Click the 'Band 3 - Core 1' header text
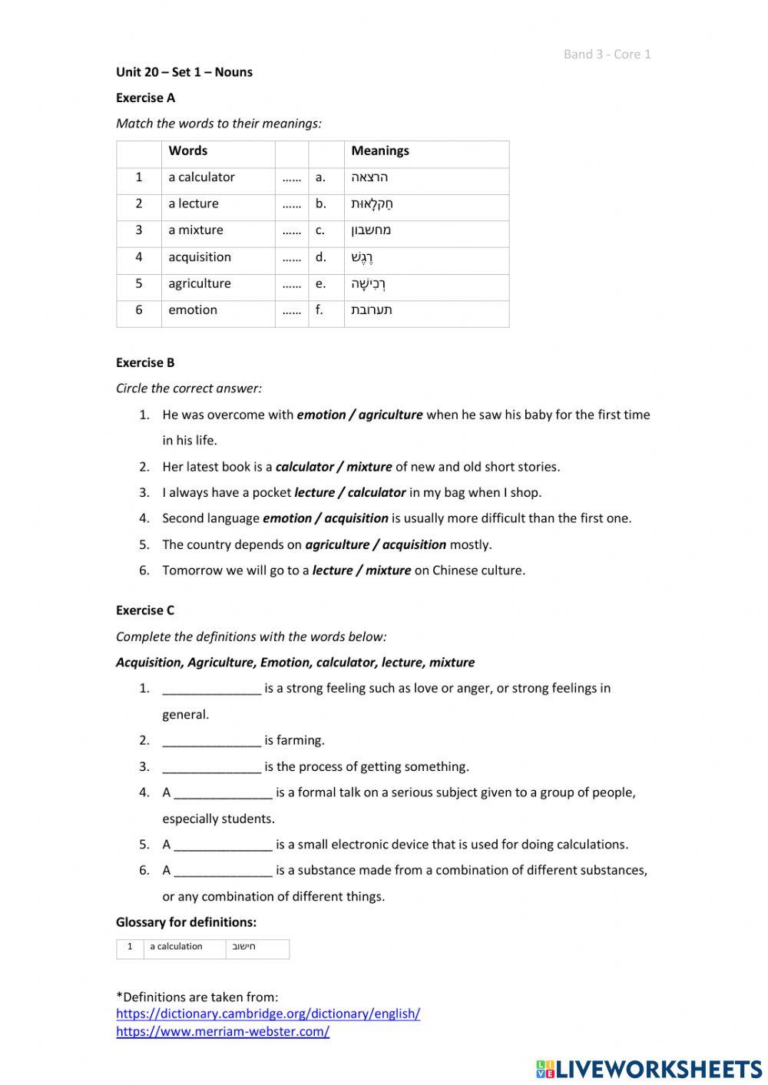coord(607,54)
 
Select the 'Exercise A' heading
coord(145,98)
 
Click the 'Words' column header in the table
coord(188,151)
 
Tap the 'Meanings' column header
coord(380,151)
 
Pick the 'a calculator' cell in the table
coord(201,177)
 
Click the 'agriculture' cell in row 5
coord(200,284)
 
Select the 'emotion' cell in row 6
coord(193,310)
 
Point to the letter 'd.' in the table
coord(320,257)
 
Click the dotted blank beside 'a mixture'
coord(291,230)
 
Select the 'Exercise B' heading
coord(145,362)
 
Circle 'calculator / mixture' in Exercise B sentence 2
coord(333,467)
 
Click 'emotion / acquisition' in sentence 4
coord(325,518)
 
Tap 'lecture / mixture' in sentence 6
coord(361,571)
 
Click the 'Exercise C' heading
coord(145,610)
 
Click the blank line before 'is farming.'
coord(211,741)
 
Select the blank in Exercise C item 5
coord(223,845)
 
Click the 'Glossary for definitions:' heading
coord(186,922)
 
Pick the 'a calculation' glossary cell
coord(176,947)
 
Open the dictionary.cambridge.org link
coord(268,1014)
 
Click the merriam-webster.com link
coord(223,1032)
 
